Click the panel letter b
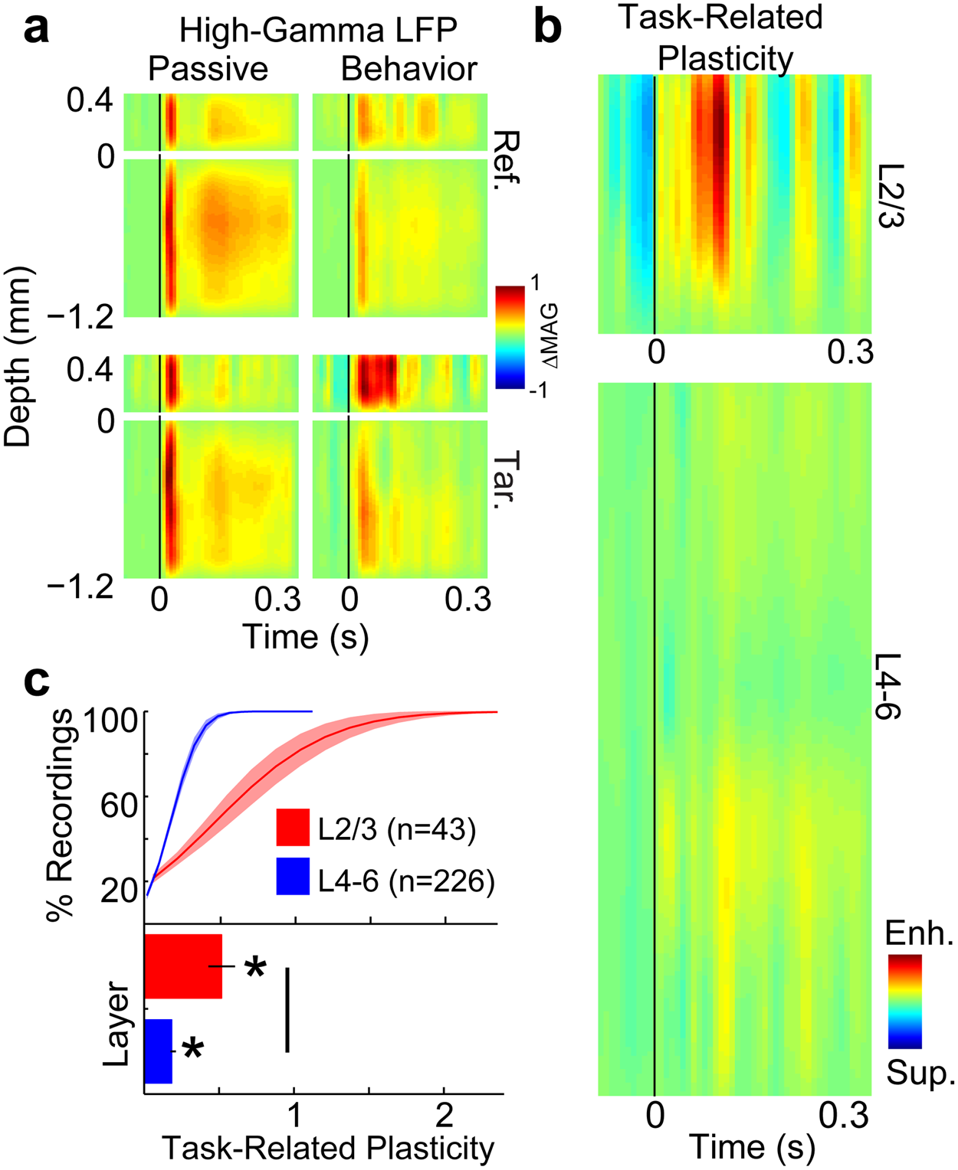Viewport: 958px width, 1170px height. coord(547,28)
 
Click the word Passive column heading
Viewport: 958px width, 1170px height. coord(208,69)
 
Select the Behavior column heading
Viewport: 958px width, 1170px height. coord(409,69)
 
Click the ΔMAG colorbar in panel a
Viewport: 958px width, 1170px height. coord(510,337)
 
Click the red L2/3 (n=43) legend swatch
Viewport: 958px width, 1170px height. coord(293,827)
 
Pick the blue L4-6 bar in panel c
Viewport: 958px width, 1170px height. coord(158,1051)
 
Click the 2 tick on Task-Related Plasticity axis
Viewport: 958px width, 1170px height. coord(444,1115)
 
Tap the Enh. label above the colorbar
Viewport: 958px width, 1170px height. coord(919,933)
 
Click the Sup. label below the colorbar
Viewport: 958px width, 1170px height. coord(920,1074)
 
